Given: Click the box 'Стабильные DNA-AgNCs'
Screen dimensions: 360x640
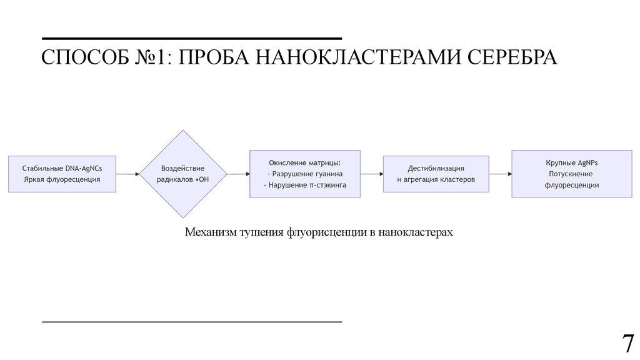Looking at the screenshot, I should tap(62, 174).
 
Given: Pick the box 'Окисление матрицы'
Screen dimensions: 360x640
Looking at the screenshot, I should tap(304, 174).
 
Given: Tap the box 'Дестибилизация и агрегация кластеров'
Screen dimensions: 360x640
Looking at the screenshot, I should tap(436, 174).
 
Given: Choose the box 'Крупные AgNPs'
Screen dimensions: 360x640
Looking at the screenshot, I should tap(571, 174).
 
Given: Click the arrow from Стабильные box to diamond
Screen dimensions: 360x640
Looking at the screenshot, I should tap(127, 174).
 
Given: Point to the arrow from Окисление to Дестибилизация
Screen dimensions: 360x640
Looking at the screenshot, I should tap(371, 174).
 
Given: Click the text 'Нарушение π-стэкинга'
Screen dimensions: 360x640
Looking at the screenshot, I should tap(305, 186).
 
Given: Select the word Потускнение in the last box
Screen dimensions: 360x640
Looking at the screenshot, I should tap(571, 174).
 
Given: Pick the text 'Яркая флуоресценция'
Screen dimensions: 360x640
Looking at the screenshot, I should tap(62, 179).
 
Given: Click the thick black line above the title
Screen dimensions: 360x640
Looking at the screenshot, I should tap(192, 39).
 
